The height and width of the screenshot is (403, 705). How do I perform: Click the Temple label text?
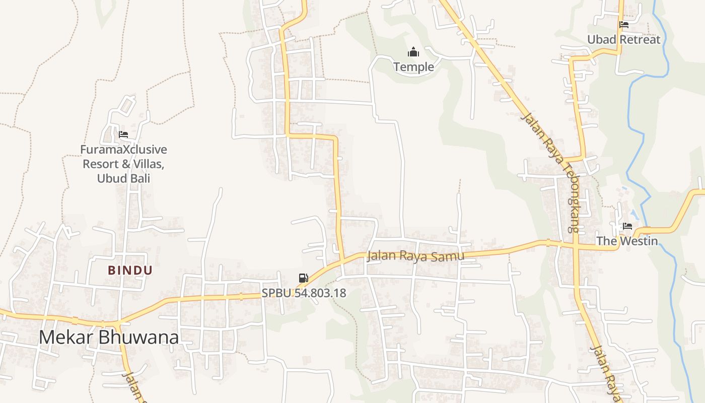(x=413, y=67)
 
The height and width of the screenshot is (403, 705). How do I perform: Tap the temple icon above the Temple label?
(x=413, y=52)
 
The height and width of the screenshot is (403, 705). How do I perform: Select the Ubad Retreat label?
(x=623, y=39)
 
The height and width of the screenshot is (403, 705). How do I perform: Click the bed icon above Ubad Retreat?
(x=624, y=24)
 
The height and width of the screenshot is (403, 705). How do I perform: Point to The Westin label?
(x=627, y=241)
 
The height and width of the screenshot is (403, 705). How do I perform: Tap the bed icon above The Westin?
(x=627, y=226)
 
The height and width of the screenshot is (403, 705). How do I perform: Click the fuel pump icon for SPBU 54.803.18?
(x=303, y=278)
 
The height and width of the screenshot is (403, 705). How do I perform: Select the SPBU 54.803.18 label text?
(x=304, y=293)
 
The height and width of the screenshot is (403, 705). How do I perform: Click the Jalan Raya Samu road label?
(x=415, y=256)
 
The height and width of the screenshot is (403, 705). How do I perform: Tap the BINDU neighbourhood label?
(x=130, y=271)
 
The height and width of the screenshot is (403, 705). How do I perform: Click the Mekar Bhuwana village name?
(x=109, y=337)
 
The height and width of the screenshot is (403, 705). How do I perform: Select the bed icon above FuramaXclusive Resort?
(x=123, y=135)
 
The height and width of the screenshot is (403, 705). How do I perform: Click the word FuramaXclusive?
(x=123, y=150)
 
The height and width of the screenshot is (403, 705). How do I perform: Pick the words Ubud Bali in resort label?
(x=123, y=178)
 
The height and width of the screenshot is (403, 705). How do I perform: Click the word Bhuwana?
(x=138, y=337)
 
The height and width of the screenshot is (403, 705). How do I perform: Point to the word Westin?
(x=639, y=241)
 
